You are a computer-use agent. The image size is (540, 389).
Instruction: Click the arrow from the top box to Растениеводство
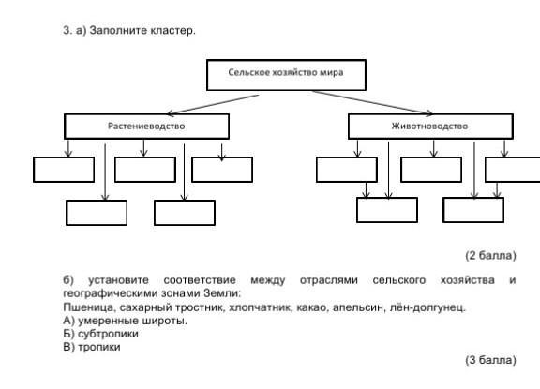pos(214,104)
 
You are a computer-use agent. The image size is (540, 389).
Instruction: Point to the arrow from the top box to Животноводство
pos(372,102)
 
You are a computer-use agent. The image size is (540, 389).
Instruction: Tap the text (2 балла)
pos(490,256)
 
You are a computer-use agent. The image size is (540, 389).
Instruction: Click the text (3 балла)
pos(490,360)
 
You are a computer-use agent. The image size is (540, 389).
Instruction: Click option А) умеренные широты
pos(125,321)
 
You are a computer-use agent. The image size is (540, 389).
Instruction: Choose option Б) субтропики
pos(100,334)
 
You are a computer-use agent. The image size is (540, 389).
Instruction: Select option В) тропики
pos(92,347)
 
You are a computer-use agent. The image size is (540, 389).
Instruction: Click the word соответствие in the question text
pos(200,280)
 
